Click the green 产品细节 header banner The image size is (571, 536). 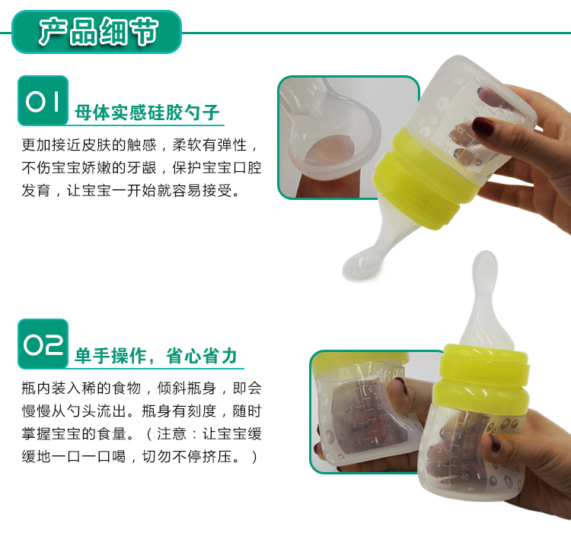[97, 32]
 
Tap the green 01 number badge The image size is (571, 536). [43, 100]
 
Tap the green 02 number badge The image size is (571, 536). [43, 344]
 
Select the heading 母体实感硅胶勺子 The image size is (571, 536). [147, 113]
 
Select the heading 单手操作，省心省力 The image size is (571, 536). [156, 356]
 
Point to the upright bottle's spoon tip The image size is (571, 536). [485, 269]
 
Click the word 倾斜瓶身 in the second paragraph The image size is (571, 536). [187, 389]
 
